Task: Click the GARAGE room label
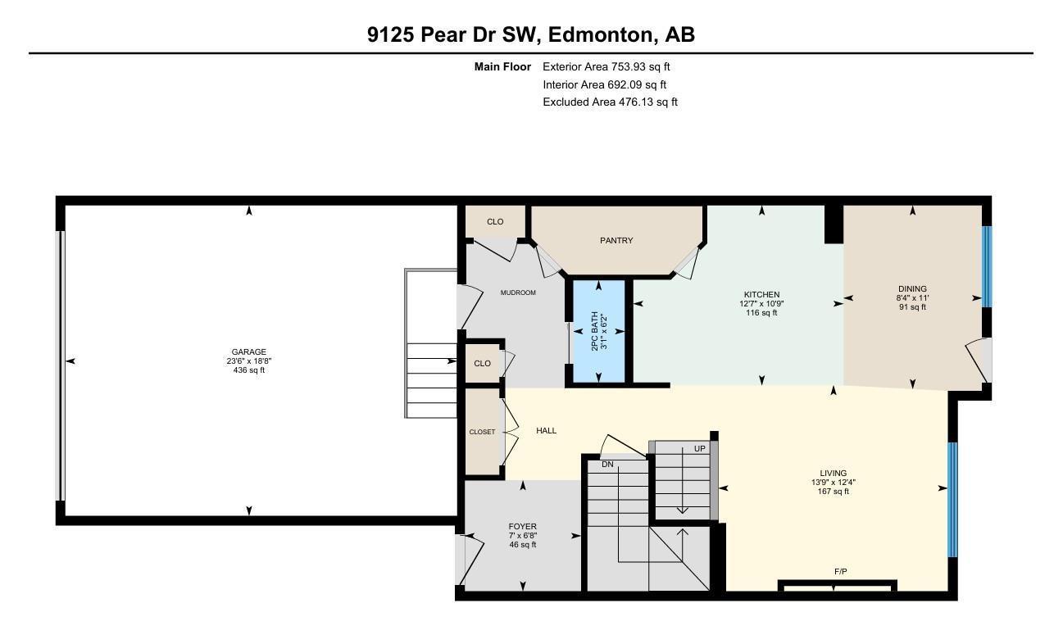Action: tap(248, 352)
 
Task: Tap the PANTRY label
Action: tap(616, 241)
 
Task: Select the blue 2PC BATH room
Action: tap(598, 332)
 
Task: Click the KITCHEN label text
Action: tap(761, 295)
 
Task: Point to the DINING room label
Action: tap(912, 289)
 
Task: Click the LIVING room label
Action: tap(833, 474)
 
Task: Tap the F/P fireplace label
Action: tap(840, 572)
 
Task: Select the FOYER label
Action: tap(522, 527)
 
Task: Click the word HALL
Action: tap(547, 430)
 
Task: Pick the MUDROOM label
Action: tap(518, 293)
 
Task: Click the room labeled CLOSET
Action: tap(482, 432)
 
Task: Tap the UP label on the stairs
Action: tap(699, 449)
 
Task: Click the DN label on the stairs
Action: tap(607, 465)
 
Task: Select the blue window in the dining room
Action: tap(987, 266)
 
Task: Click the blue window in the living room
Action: tap(952, 500)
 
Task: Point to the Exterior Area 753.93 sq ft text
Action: tap(606, 67)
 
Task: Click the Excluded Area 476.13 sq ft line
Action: tap(610, 102)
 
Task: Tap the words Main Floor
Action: tap(502, 67)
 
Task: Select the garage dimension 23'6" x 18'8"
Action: tap(248, 361)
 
